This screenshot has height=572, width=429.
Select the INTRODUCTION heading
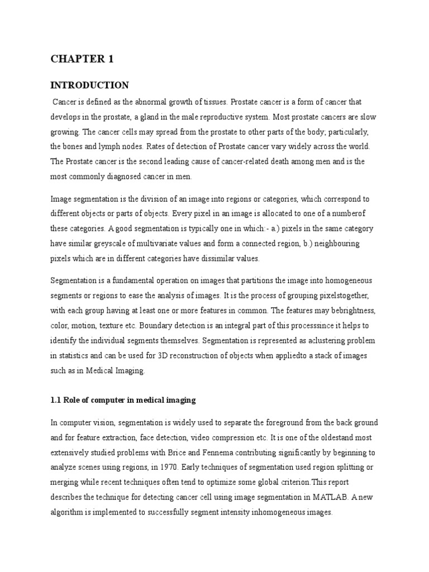coord(89,85)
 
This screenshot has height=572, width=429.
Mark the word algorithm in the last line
coord(70,512)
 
